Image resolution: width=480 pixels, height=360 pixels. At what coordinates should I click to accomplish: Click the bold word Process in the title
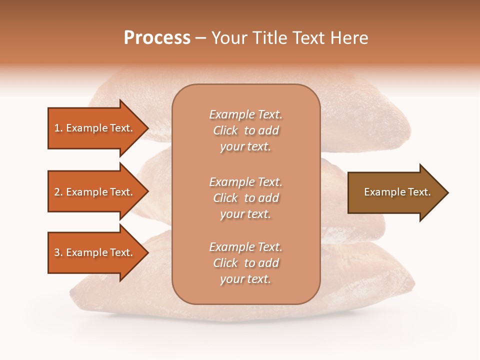pyautogui.click(x=157, y=38)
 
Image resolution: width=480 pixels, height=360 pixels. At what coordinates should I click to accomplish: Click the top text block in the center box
pyautogui.click(x=245, y=130)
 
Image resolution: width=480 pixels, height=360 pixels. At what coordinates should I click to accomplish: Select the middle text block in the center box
pyautogui.click(x=245, y=198)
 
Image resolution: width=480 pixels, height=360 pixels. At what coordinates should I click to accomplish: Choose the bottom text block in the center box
pyautogui.click(x=245, y=263)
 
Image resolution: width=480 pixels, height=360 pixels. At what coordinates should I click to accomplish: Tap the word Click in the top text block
pyautogui.click(x=225, y=130)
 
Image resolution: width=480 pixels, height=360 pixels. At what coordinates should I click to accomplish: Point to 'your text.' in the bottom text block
pyautogui.click(x=245, y=279)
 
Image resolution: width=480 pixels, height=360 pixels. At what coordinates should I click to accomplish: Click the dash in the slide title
pyautogui.click(x=200, y=38)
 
